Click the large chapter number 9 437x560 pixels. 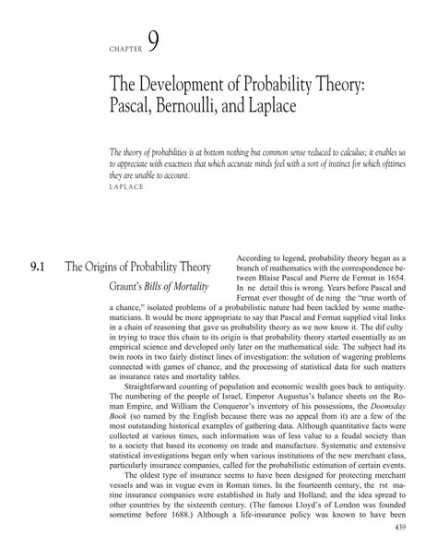[153, 41]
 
